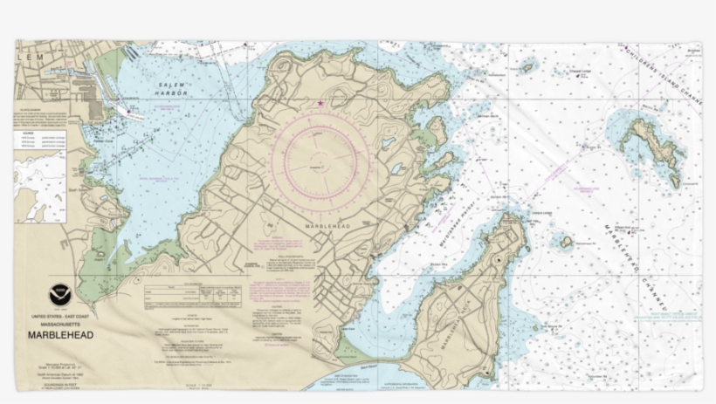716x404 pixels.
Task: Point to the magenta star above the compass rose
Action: point(320,104)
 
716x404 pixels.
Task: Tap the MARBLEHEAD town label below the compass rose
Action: point(327,224)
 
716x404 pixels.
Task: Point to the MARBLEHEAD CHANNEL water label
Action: point(632,262)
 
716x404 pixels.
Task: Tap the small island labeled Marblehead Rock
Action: point(566,242)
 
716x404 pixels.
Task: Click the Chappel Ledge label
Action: point(581,72)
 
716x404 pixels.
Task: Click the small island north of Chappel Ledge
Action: point(527,65)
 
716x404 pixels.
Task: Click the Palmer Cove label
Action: point(105,140)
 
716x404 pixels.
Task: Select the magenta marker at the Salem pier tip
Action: point(132,111)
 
